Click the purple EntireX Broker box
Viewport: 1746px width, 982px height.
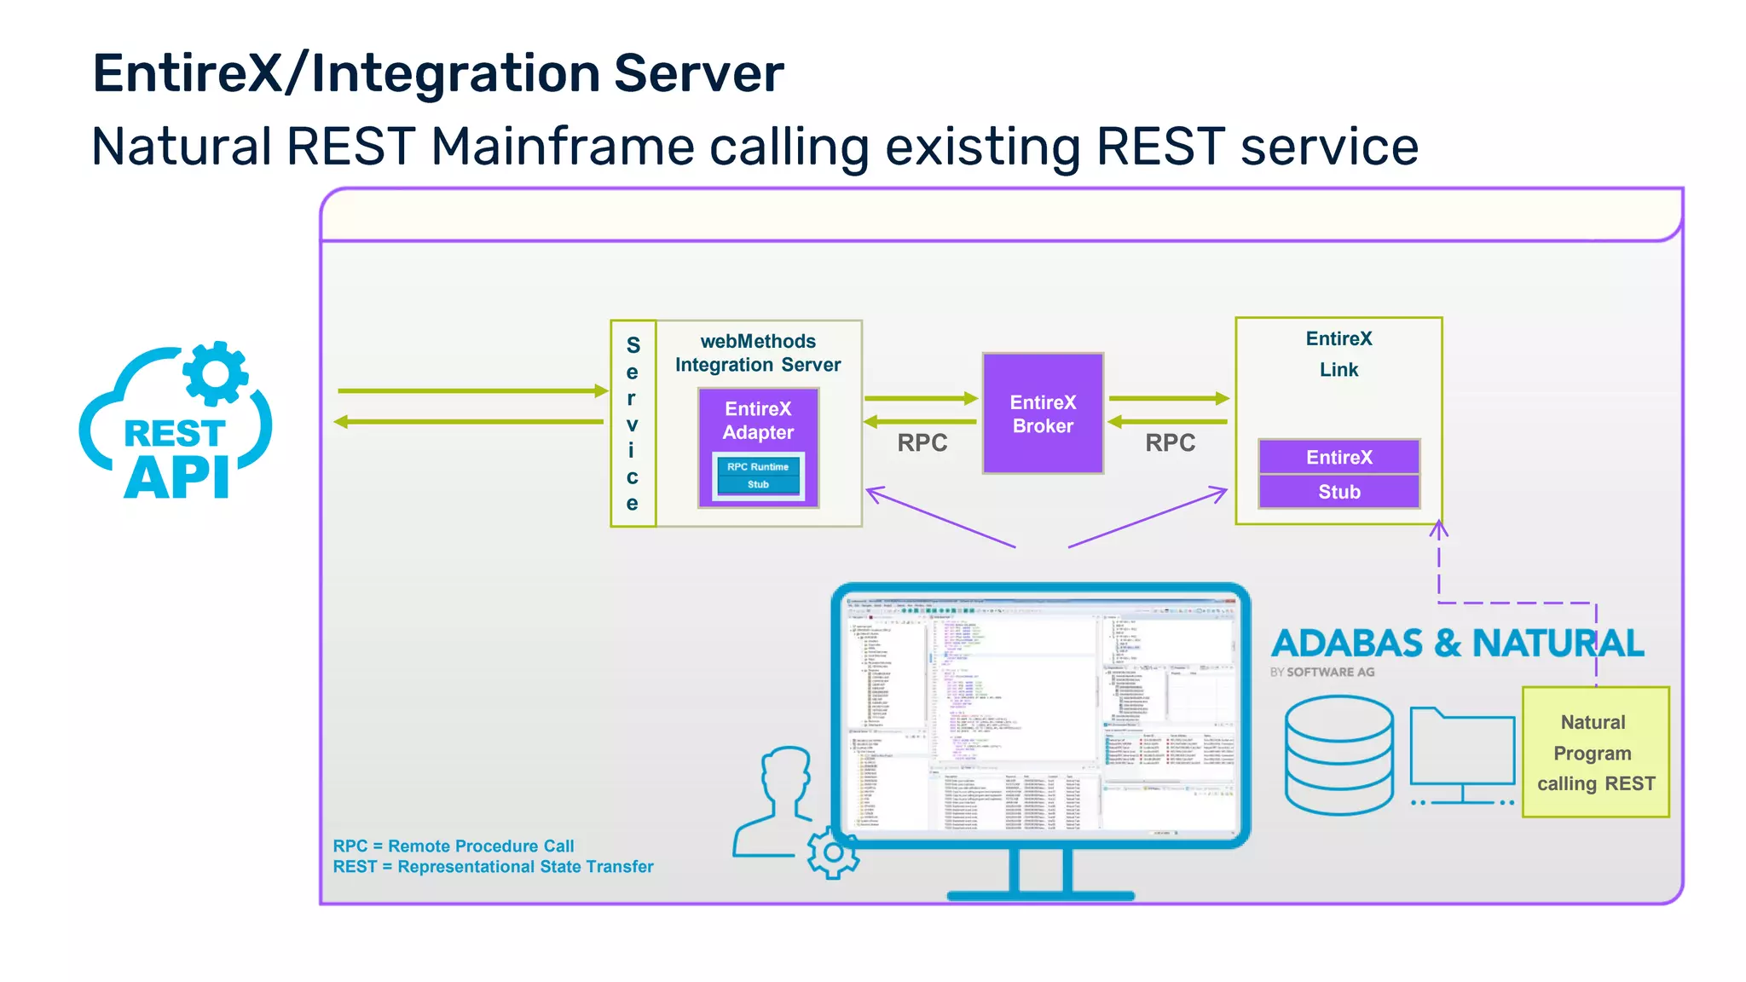pos(1043,413)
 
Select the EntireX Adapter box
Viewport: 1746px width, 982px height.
pos(758,420)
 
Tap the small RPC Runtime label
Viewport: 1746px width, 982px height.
pos(758,466)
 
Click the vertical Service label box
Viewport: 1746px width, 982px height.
pos(633,424)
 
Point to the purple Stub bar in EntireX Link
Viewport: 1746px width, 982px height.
pos(1338,492)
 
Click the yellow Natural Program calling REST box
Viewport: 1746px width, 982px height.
pos(1595,753)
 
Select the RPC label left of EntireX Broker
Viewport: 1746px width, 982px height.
pos(922,442)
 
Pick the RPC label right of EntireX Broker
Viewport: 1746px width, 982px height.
pos(1170,442)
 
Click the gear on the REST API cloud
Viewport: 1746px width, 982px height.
pos(215,373)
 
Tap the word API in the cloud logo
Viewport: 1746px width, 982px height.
pos(177,478)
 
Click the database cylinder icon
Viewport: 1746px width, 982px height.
pos(1338,754)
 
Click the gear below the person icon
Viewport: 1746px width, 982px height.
pos(833,852)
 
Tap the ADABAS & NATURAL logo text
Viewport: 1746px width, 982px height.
pos(1457,644)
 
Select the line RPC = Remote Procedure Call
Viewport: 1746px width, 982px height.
pos(453,846)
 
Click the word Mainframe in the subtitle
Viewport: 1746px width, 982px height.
pos(563,147)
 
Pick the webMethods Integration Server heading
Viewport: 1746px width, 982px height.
pos(758,353)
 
